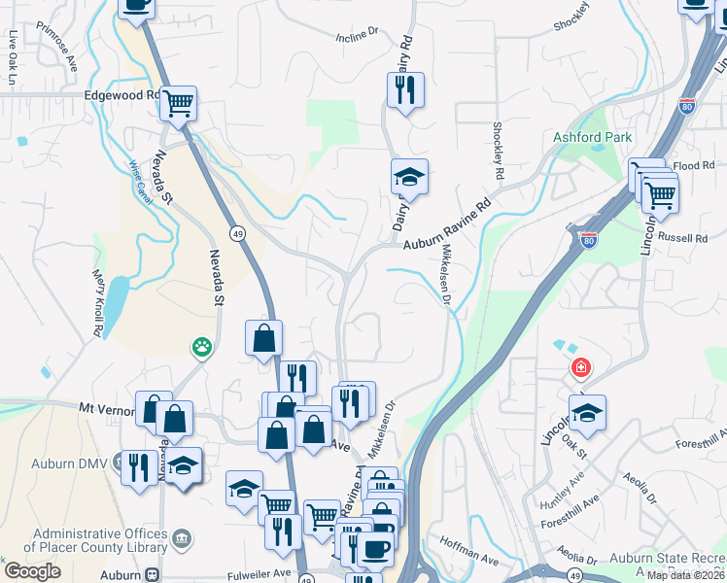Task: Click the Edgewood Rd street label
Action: point(121,95)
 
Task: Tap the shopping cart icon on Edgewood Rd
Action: point(178,102)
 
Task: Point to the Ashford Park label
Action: point(593,138)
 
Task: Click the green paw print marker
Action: point(201,346)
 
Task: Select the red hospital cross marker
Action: point(580,368)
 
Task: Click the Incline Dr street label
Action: point(357,35)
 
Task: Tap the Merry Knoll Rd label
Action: point(98,304)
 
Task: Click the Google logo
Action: point(32,571)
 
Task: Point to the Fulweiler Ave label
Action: point(257,573)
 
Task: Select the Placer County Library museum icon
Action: point(182,537)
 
